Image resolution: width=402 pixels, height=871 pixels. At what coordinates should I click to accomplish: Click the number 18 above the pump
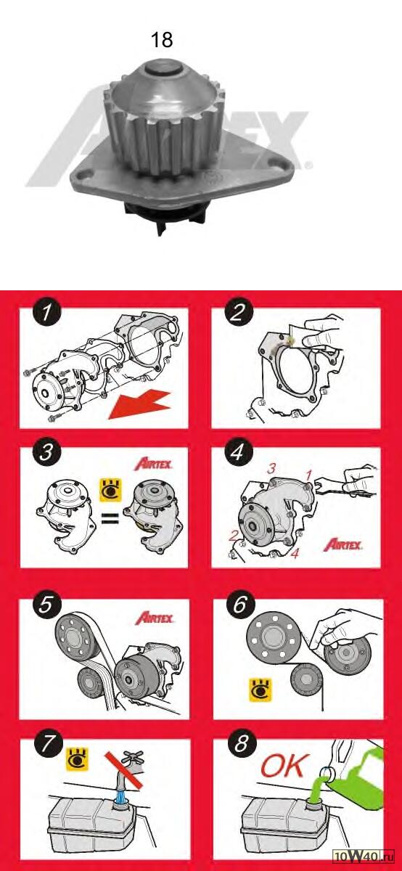point(161,40)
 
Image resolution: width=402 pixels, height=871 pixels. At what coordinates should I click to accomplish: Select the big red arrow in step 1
point(139,405)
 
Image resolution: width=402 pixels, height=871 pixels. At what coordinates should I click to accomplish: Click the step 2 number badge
point(239,312)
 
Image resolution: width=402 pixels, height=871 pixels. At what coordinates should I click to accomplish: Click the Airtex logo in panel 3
point(153,465)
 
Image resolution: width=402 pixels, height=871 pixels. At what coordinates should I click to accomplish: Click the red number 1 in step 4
point(308,475)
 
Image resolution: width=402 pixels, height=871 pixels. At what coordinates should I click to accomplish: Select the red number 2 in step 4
point(233,536)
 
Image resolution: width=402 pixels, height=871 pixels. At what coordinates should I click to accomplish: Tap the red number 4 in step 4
point(295,553)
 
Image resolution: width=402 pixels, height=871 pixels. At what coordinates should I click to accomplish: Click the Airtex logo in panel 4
point(342,544)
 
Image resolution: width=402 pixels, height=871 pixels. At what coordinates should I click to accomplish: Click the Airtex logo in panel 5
point(154,618)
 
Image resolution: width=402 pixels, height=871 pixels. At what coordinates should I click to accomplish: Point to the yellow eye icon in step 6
point(261,690)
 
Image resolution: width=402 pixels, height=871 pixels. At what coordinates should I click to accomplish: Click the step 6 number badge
point(239,605)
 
